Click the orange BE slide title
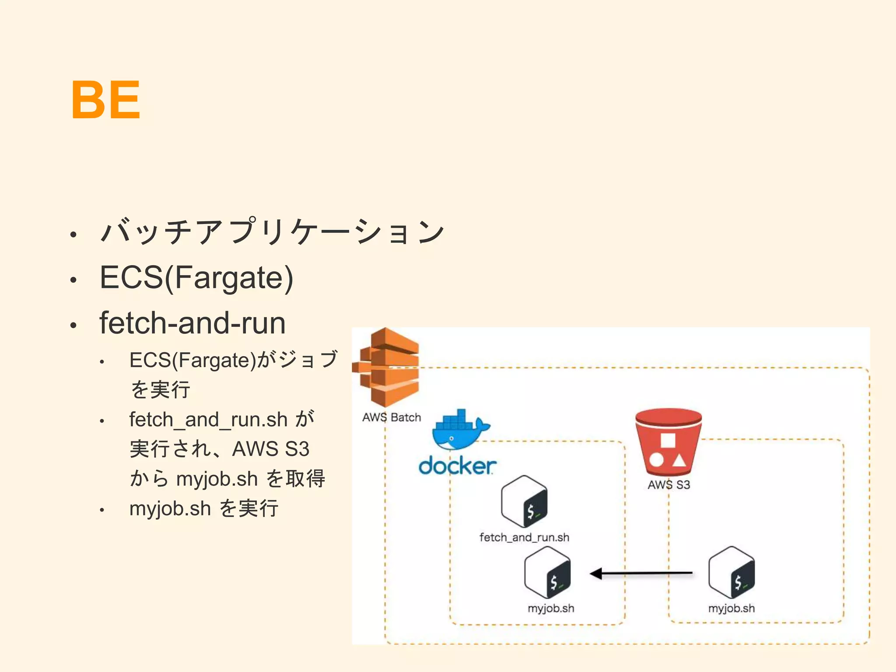click(x=105, y=100)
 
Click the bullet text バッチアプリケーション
click(x=272, y=231)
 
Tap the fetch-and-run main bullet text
click(x=192, y=323)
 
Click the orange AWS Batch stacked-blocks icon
click(x=387, y=367)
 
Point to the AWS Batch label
click(x=392, y=417)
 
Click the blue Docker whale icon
click(x=459, y=431)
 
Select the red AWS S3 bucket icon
click(x=668, y=442)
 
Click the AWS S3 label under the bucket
click(x=668, y=485)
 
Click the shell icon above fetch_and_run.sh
click(x=524, y=502)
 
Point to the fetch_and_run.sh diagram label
click(x=524, y=537)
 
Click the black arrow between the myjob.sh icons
click(x=641, y=573)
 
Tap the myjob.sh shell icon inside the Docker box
click(x=547, y=573)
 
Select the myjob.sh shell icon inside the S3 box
click(x=731, y=573)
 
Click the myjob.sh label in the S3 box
click(x=731, y=608)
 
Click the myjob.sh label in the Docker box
click(x=551, y=608)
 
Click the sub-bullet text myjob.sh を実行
click(x=204, y=508)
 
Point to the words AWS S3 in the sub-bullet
click(x=271, y=449)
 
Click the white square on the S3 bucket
click(x=668, y=440)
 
